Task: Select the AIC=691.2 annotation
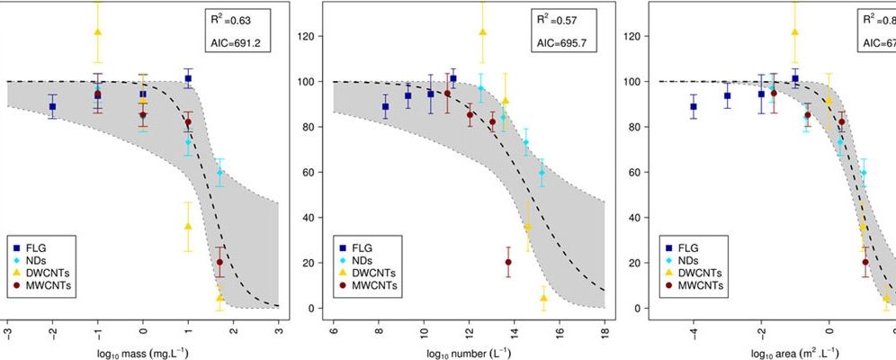tap(239, 43)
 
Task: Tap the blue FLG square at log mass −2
tap(53, 106)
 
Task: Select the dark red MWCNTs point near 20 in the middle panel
tap(508, 263)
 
